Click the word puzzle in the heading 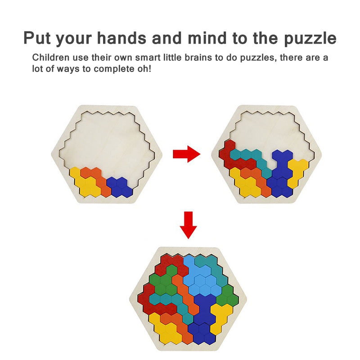click(310, 39)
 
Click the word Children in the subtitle click(50, 58)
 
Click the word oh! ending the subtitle click(144, 69)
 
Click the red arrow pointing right click(186, 154)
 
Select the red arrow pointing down click(188, 225)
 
